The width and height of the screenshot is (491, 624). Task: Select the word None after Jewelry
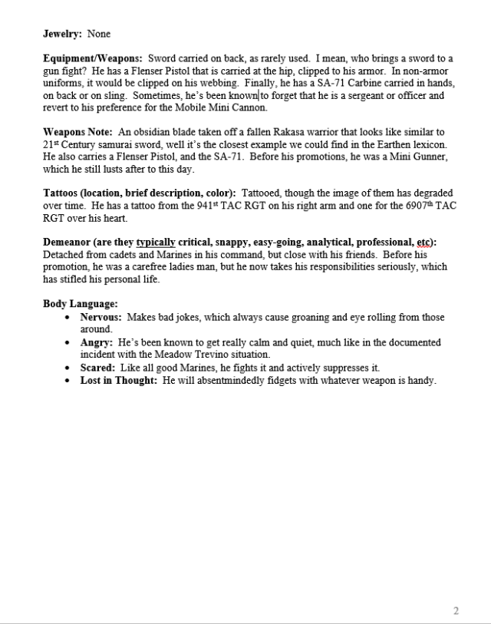point(99,35)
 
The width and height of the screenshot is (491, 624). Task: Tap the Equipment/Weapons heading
point(92,59)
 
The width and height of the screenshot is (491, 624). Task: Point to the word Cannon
point(247,108)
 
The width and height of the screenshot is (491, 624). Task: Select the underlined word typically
point(155,243)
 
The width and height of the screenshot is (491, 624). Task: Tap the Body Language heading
point(80,304)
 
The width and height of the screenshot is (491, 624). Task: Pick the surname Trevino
point(241,354)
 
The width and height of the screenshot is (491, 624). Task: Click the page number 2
point(456,611)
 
